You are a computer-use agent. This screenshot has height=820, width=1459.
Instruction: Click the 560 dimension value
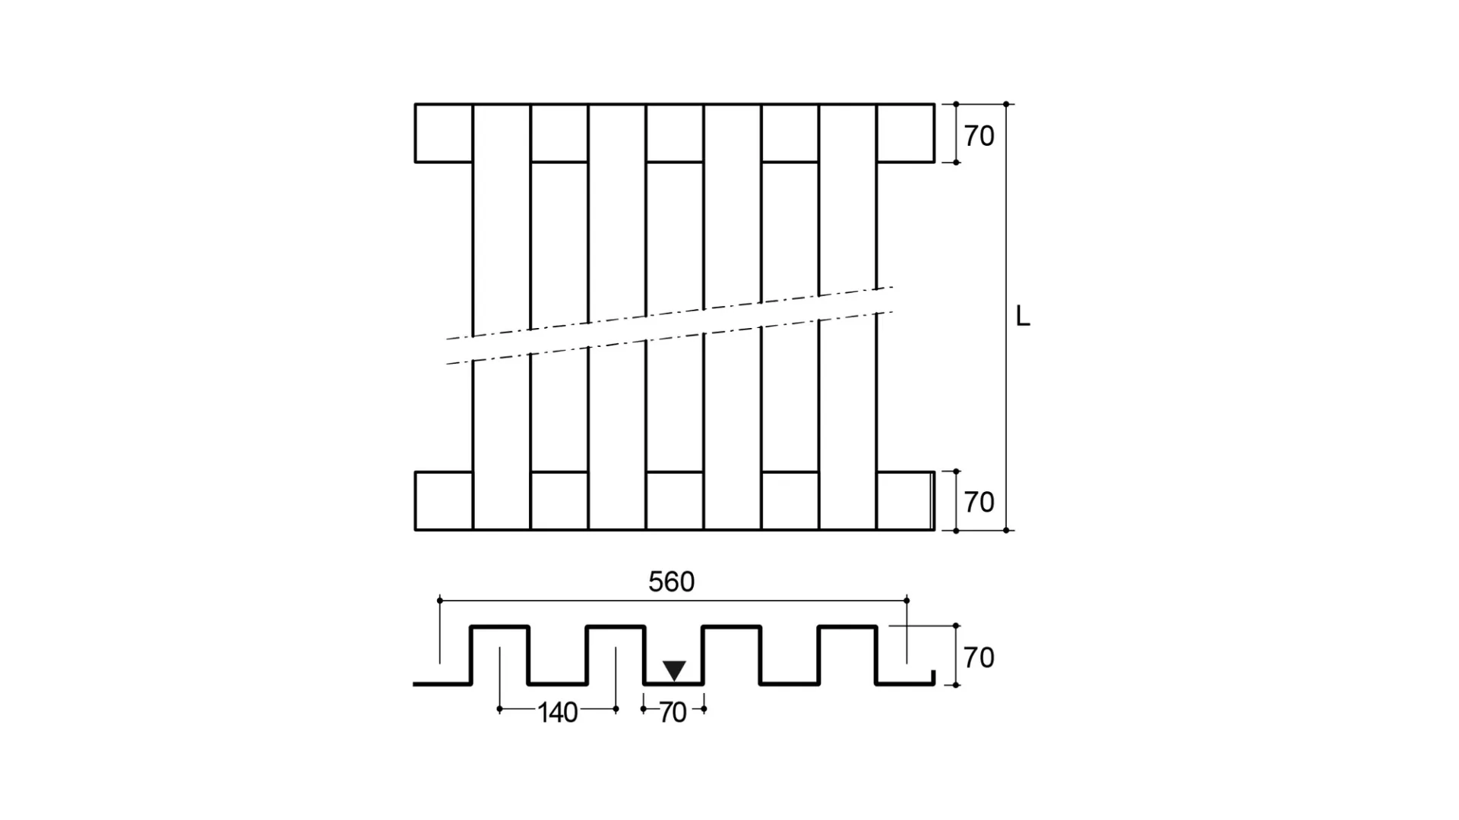pyautogui.click(x=671, y=582)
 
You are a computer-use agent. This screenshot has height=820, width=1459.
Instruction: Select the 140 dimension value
pyautogui.click(x=558, y=713)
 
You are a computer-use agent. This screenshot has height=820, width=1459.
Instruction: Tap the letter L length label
pyautogui.click(x=1023, y=317)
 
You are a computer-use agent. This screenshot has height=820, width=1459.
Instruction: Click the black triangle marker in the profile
pyautogui.click(x=674, y=670)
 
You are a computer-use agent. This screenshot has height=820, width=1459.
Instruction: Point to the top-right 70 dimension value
pyautogui.click(x=979, y=137)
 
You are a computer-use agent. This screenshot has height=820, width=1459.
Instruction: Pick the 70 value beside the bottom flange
pyautogui.click(x=979, y=503)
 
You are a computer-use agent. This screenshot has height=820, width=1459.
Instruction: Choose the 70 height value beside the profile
pyautogui.click(x=979, y=658)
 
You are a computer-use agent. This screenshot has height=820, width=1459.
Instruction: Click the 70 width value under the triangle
pyautogui.click(x=673, y=713)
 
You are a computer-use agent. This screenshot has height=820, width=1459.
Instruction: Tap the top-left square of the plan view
pyautogui.click(x=444, y=133)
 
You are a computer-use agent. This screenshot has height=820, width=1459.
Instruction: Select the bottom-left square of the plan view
pyautogui.click(x=444, y=501)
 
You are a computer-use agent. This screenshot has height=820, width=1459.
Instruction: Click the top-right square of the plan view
pyautogui.click(x=906, y=133)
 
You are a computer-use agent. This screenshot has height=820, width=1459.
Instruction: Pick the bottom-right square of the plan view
pyautogui.click(x=904, y=501)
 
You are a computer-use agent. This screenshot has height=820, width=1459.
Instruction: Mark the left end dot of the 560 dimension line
pyautogui.click(x=440, y=601)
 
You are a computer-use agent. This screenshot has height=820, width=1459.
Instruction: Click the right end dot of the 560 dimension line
pyautogui.click(x=907, y=601)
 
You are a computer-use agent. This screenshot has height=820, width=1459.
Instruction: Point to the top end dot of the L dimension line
pyautogui.click(x=1006, y=104)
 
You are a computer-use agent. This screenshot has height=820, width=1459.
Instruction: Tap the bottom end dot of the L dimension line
pyautogui.click(x=1006, y=530)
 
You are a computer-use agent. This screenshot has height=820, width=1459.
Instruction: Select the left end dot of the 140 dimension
pyautogui.click(x=499, y=709)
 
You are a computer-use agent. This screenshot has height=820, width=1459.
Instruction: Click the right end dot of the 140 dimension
pyautogui.click(x=616, y=709)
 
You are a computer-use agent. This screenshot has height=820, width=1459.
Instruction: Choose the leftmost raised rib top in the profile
pyautogui.click(x=499, y=626)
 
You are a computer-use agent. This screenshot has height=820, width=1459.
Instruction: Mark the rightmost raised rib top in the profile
pyautogui.click(x=848, y=626)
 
